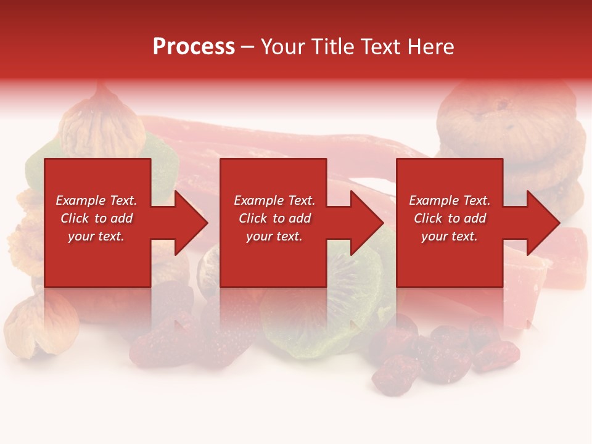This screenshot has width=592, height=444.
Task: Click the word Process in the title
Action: [194, 47]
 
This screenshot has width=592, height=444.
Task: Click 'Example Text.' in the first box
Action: [97, 200]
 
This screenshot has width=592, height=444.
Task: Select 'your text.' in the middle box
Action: [274, 236]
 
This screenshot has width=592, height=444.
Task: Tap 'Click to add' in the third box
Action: [450, 218]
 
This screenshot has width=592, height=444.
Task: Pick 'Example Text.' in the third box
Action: [450, 200]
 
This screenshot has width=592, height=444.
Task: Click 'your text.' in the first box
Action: [97, 236]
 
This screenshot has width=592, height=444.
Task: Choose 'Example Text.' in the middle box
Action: [274, 200]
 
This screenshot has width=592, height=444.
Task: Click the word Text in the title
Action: [379, 47]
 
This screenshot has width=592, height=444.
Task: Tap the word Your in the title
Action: [283, 47]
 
